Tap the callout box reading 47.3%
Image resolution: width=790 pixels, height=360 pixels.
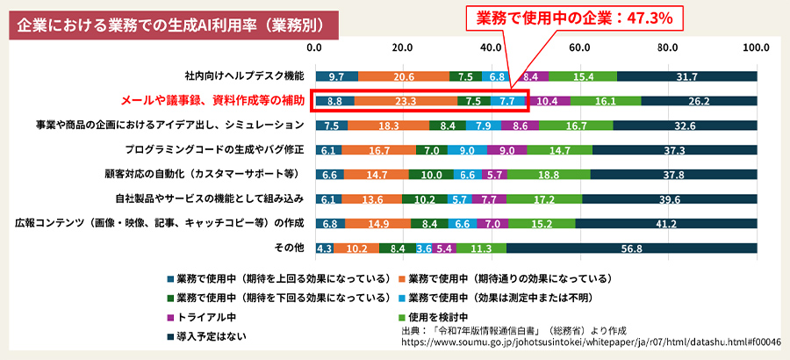(574, 17)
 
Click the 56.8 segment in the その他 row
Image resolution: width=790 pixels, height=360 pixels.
(631, 248)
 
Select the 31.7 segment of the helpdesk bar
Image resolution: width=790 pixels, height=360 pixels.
(687, 76)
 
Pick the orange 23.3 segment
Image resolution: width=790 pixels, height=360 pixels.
(406, 101)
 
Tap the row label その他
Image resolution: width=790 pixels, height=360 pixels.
(290, 248)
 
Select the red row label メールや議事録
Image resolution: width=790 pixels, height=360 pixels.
(213, 101)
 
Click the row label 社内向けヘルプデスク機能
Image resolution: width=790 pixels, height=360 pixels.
(244, 76)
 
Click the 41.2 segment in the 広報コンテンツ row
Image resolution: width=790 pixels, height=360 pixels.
(666, 224)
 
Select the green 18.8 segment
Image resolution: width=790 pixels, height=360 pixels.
(549, 175)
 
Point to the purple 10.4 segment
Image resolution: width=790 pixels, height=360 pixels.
(547, 101)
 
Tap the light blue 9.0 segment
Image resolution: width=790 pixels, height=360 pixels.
(467, 150)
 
